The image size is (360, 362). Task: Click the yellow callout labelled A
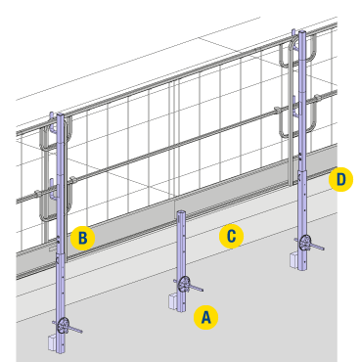coord(205,317)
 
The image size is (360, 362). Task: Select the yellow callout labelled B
coord(83,238)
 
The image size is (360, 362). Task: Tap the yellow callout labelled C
coord(231,236)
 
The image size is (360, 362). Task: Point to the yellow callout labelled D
coord(340,179)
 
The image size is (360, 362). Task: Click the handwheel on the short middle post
coord(184,285)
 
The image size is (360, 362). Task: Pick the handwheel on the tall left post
coord(63,325)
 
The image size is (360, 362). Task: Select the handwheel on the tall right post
coord(306,243)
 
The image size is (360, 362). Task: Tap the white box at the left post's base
coord(53,343)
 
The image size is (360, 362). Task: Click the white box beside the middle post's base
coord(173,301)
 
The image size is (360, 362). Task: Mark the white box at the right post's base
coord(294,260)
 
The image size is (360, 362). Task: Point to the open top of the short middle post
coord(181,212)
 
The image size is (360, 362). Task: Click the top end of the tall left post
coord(61,114)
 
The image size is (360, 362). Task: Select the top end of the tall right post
coord(302,32)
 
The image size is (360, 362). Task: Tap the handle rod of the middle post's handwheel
coord(196,288)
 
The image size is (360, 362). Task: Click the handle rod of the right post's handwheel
coord(317,247)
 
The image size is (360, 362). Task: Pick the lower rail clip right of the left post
coord(72,179)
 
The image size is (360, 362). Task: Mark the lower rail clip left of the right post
coord(278,109)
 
